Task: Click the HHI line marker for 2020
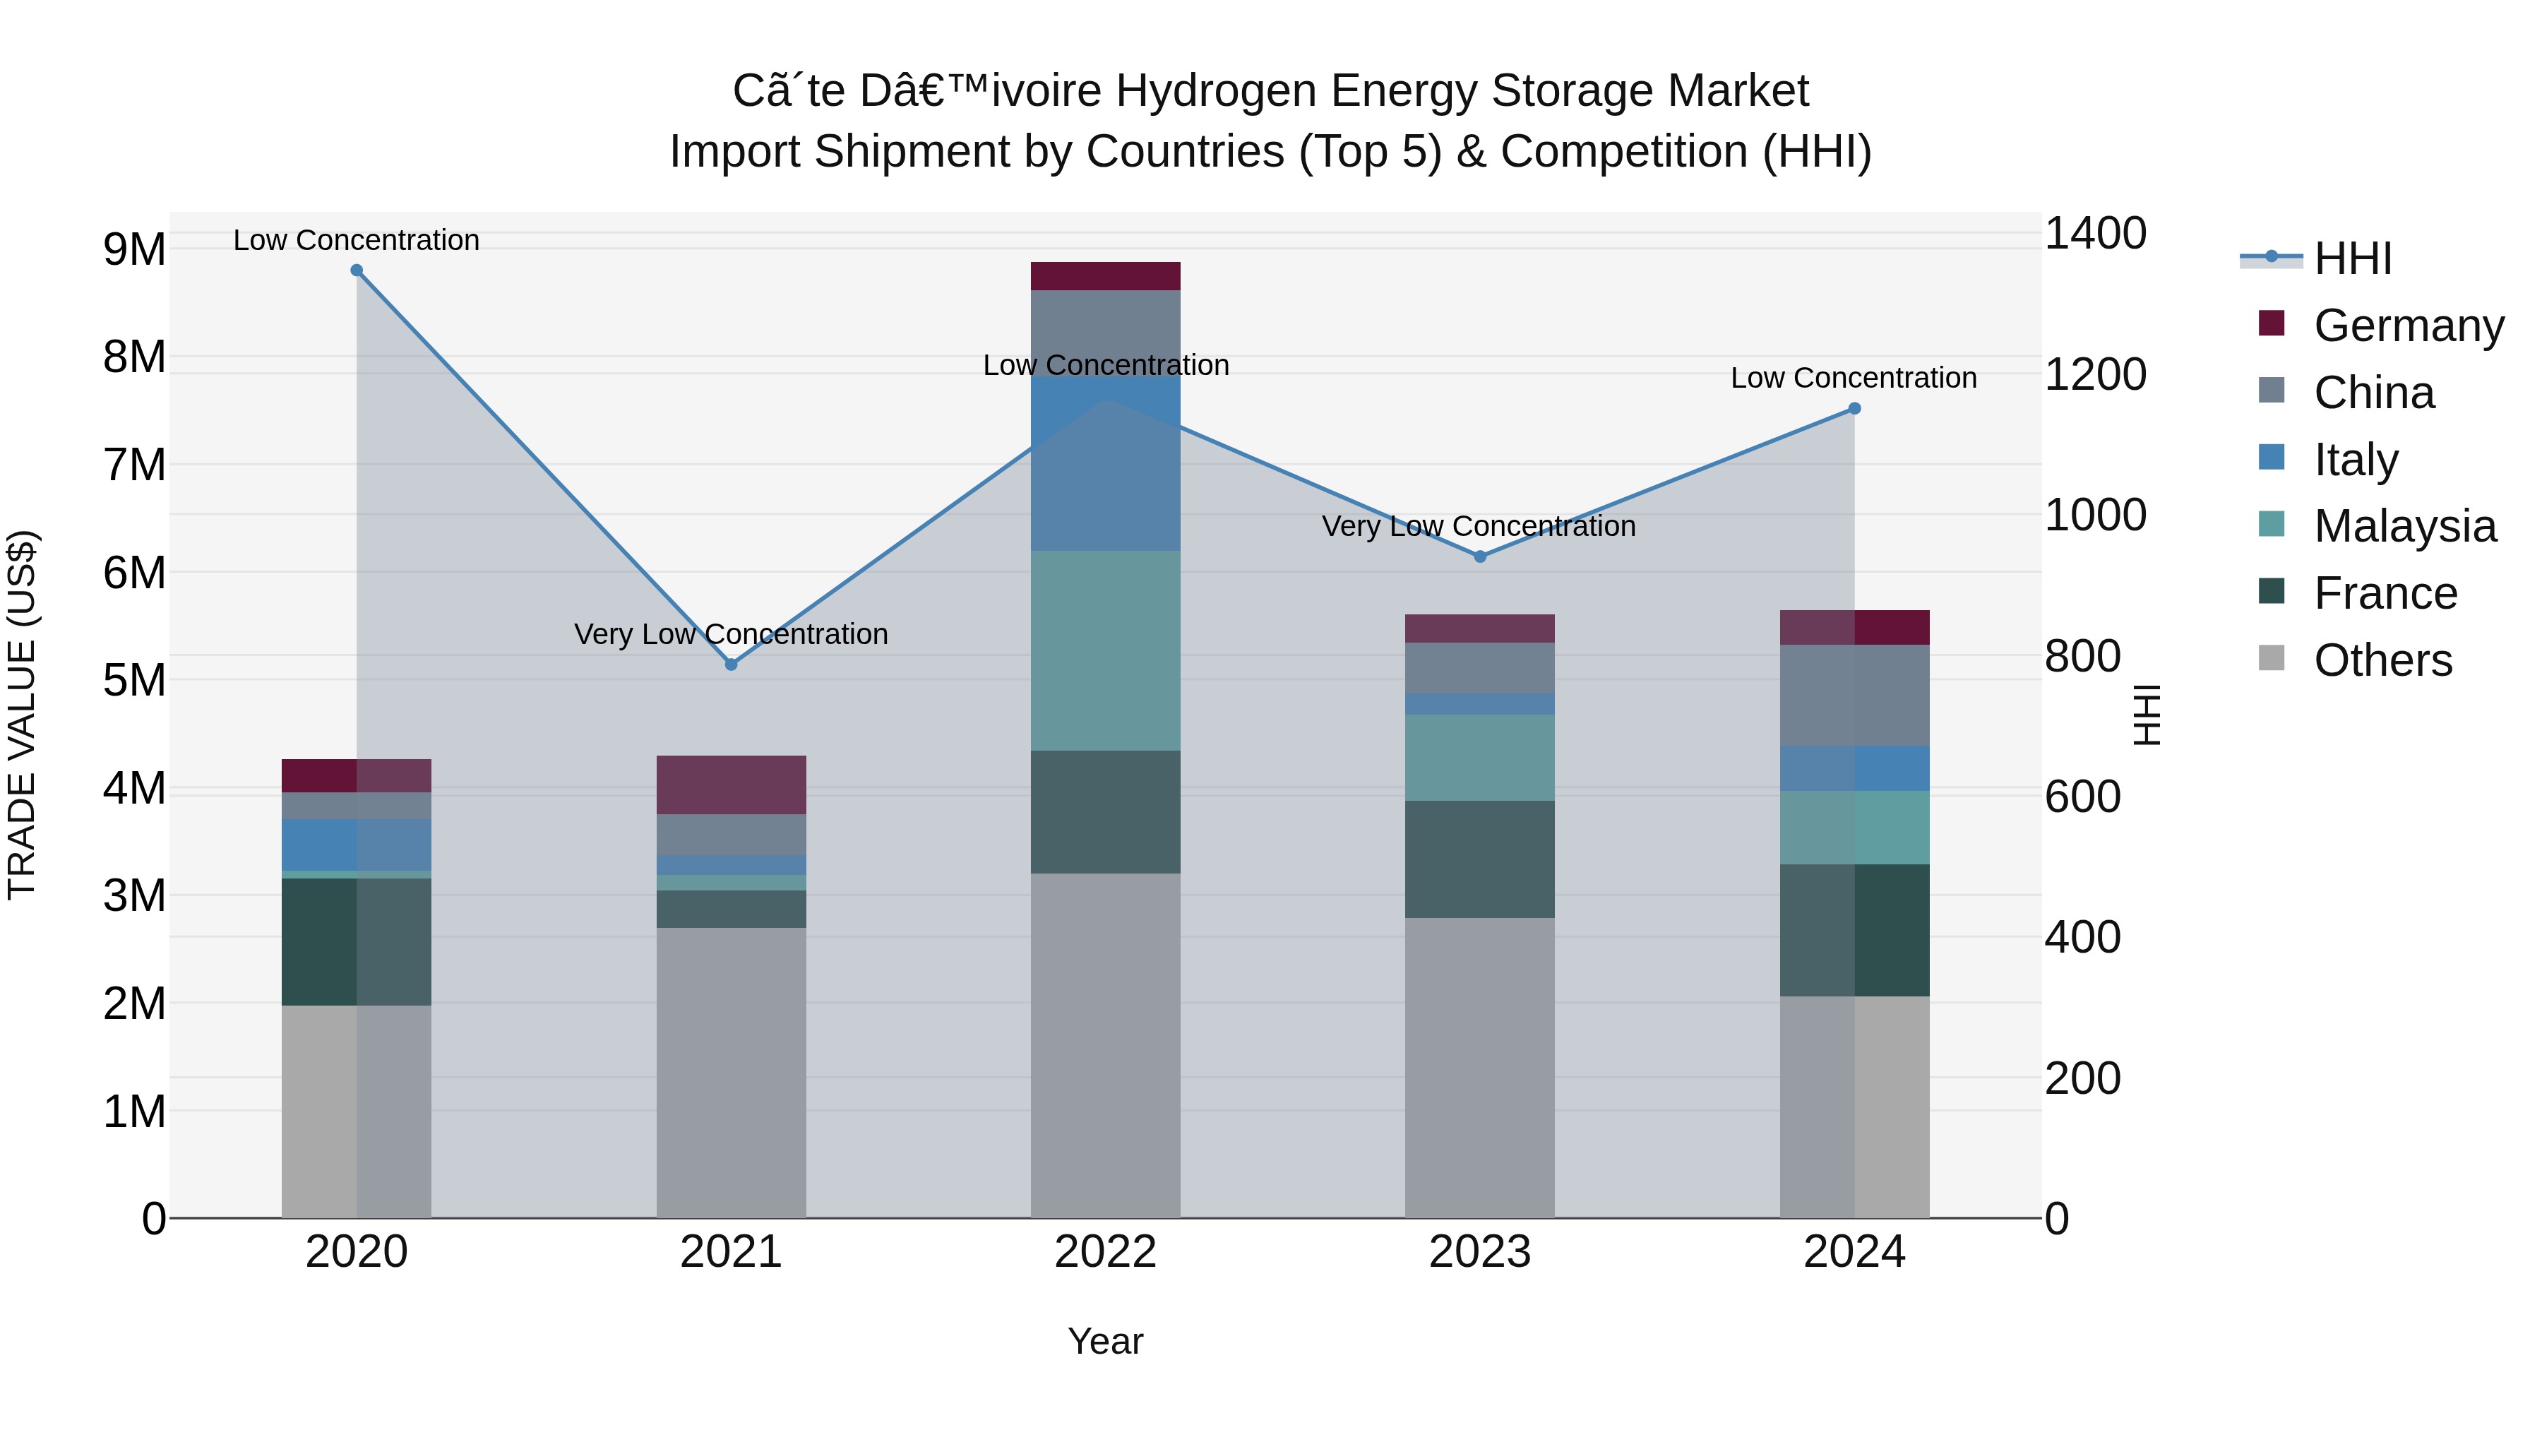click(357, 270)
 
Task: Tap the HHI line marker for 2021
click(732, 665)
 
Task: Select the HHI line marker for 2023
click(1479, 556)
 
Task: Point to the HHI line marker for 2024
click(1854, 409)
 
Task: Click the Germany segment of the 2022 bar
click(1105, 276)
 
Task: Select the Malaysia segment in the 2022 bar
click(1105, 650)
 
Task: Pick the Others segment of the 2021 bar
click(732, 1073)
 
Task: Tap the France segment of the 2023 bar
click(1479, 859)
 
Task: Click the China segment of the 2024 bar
click(1854, 695)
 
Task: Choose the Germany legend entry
click(2408, 326)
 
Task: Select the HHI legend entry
click(2353, 258)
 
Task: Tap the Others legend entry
click(2382, 660)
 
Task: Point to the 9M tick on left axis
click(135, 250)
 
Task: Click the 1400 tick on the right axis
click(2094, 234)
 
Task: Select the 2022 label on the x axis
click(1105, 1252)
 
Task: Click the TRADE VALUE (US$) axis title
click(23, 715)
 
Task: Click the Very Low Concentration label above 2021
click(732, 633)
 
